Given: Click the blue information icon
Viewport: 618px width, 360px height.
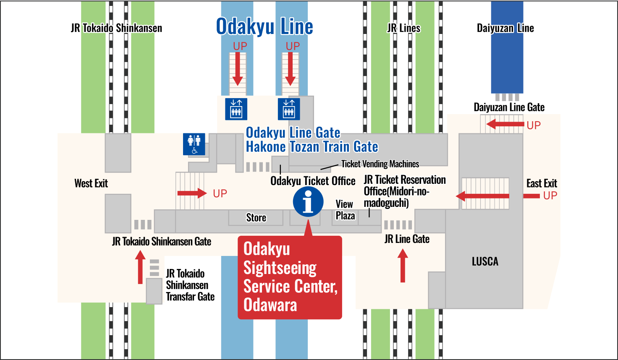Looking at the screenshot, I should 308,202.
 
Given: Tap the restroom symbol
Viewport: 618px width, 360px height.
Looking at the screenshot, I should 194,144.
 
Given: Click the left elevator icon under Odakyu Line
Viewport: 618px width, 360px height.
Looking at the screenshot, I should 236,109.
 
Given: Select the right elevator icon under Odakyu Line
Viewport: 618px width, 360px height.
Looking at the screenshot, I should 289,109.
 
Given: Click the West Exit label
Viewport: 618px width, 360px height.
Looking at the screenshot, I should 91,183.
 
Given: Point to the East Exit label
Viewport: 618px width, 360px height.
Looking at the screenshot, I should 542,183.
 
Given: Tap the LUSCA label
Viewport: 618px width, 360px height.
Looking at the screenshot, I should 485,261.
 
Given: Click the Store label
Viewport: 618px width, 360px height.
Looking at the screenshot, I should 256,217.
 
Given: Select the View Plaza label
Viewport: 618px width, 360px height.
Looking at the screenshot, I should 345,210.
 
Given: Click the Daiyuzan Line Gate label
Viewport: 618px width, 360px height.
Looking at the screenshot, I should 509,107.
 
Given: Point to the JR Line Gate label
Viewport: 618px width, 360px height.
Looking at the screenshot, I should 407,239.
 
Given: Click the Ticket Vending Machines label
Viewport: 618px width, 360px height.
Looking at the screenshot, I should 380,164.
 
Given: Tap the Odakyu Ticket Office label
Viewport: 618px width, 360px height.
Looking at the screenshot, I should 313,181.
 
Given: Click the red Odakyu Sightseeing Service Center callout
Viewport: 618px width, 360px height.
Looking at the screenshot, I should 290,277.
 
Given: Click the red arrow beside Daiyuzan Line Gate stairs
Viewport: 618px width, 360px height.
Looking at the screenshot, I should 505,124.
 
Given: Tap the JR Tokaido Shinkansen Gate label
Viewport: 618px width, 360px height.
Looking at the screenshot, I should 162,242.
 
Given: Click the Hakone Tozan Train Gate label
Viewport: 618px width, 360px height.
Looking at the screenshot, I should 312,147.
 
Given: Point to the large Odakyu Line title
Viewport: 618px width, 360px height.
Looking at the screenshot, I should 264,27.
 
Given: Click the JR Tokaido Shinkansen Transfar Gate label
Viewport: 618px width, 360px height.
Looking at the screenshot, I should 190,285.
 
